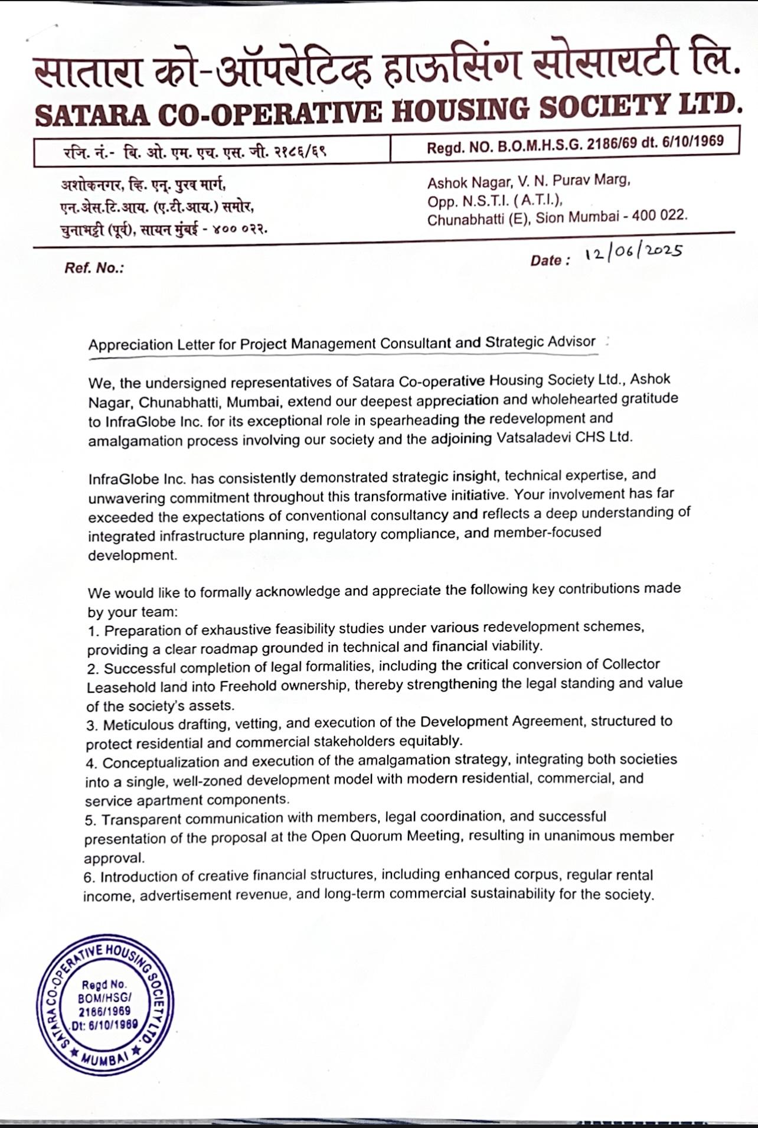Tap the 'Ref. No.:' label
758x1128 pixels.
[x=94, y=268]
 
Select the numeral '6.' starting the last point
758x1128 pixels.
[x=90, y=877]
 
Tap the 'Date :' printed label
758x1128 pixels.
[x=550, y=260]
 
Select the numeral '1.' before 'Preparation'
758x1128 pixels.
[x=94, y=631]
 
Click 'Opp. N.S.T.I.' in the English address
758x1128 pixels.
[x=467, y=201]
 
